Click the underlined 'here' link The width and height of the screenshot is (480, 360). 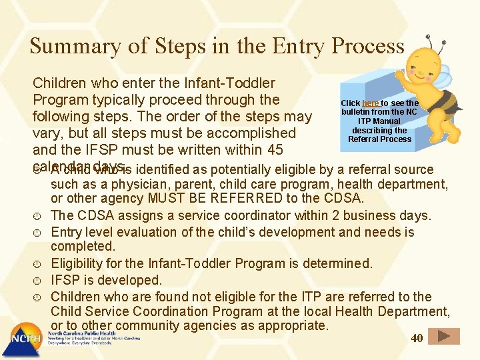pos(371,103)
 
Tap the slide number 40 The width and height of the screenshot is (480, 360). pos(417,338)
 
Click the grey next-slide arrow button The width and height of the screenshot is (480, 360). pos(443,337)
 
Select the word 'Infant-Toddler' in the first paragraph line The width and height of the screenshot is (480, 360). pos(229,83)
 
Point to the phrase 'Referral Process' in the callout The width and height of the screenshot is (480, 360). pos(379,139)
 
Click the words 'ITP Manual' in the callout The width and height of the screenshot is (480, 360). pos(379,121)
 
